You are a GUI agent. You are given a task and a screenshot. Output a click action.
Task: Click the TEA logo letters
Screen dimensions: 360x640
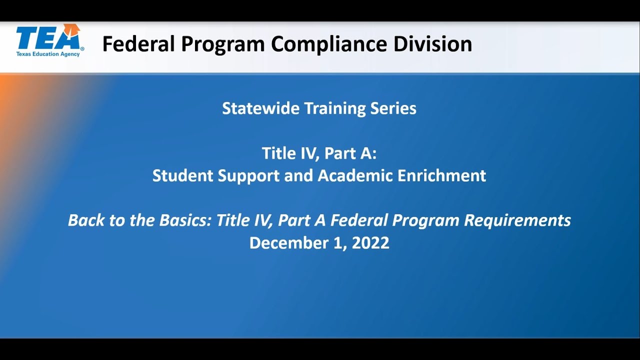(x=47, y=37)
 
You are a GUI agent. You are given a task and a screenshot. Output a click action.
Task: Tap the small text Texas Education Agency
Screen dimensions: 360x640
(x=48, y=54)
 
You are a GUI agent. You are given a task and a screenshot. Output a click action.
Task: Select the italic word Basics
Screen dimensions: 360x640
(x=183, y=220)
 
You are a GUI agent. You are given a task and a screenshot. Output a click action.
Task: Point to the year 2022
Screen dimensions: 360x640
(x=370, y=243)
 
